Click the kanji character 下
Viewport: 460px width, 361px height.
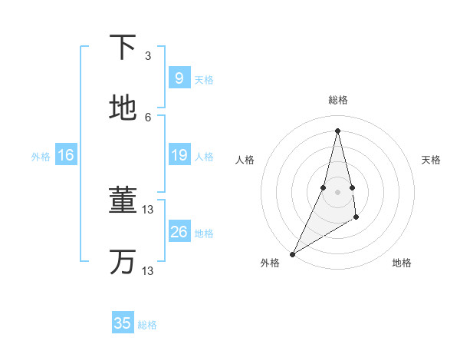pos(123,48)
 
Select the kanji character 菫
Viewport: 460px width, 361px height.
pos(123,200)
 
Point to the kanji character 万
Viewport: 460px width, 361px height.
pos(123,261)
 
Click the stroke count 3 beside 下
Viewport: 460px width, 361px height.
pos(148,56)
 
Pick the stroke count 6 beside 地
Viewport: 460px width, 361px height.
pos(148,117)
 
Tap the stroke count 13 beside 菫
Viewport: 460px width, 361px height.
pos(148,210)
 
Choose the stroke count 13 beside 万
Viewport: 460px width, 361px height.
pos(148,270)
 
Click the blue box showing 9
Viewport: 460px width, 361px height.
pos(179,78)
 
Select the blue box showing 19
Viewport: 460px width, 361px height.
pos(179,155)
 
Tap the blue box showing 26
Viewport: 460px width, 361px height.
pos(179,231)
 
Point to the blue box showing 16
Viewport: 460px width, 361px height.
pos(66,155)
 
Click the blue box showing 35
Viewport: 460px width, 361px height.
pos(123,323)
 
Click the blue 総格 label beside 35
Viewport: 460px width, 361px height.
pos(147,325)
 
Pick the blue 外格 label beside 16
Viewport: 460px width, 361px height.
pos(41,157)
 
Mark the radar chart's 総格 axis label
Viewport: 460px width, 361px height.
pos(338,100)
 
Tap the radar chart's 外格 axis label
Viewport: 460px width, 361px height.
pos(270,263)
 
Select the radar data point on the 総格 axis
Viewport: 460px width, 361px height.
pos(337,130)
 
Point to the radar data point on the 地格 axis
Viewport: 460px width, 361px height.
pos(356,218)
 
